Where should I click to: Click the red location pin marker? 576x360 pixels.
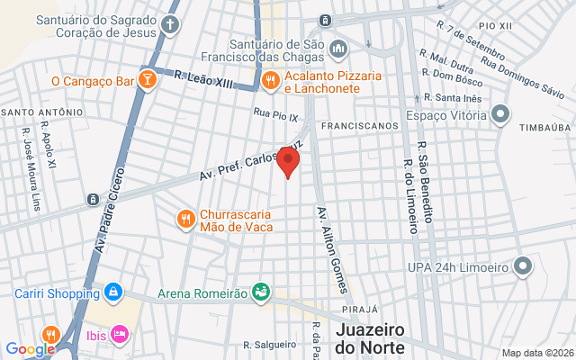point(288,162)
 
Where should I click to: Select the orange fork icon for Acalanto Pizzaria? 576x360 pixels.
point(269,81)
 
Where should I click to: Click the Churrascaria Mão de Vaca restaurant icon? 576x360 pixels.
point(185,220)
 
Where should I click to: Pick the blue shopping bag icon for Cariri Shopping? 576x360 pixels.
point(113,293)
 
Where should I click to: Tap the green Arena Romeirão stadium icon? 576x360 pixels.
point(260,292)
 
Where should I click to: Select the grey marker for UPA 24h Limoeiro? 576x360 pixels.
point(522,265)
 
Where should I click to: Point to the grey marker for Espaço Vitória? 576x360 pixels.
point(502,115)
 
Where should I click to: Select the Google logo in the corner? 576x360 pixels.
point(30,349)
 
